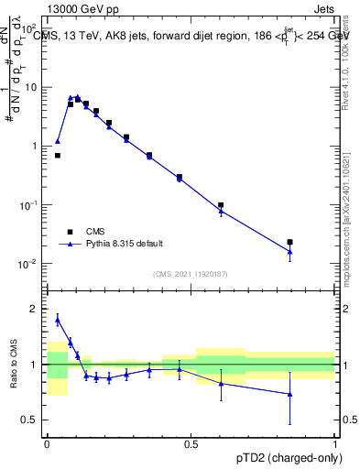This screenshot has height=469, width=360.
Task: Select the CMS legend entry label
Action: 96,232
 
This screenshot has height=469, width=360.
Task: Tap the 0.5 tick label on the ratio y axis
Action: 32,420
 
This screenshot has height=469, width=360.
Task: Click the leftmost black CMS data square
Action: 58,156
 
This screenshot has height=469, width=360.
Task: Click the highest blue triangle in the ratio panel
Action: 58,320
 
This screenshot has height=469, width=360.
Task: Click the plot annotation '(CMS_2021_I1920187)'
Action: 191,273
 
